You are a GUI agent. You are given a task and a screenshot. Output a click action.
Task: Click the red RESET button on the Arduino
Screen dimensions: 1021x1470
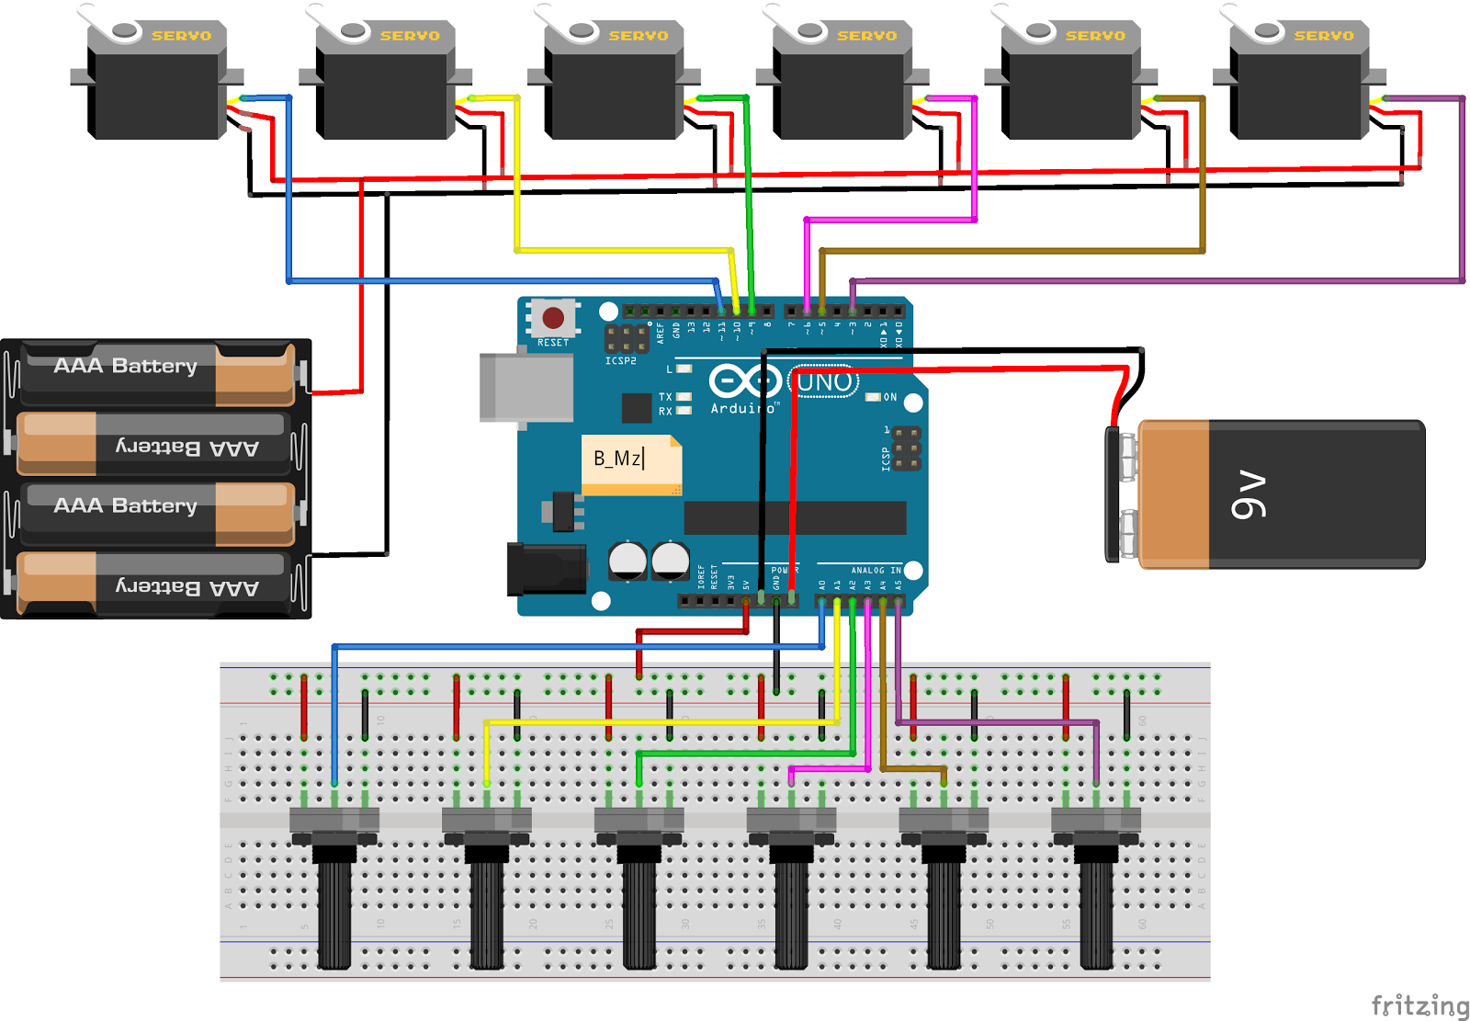coord(553,318)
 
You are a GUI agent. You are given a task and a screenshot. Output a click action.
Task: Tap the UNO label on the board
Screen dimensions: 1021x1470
coord(824,382)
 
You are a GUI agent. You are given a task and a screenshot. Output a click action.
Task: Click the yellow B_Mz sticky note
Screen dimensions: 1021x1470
coord(631,463)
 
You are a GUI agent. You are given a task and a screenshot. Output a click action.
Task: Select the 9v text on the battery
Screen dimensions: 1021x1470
coord(1249,495)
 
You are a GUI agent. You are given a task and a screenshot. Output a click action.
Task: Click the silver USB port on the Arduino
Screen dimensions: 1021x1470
coord(526,388)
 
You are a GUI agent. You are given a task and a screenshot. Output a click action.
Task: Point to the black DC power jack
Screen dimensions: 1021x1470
coord(547,569)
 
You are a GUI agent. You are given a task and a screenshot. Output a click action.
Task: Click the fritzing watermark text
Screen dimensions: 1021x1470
coord(1419,1005)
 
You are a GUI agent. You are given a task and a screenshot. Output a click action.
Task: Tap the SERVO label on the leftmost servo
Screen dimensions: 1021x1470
coord(181,36)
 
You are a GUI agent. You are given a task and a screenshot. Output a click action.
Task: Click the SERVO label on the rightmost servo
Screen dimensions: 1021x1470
coord(1323,36)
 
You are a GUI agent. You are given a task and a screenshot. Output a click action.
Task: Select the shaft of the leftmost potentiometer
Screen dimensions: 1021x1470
coord(334,910)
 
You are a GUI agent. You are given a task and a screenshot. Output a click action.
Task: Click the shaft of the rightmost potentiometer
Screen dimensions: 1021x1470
coord(1096,910)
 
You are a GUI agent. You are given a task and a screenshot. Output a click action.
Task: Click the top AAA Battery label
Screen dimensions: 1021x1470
coord(126,366)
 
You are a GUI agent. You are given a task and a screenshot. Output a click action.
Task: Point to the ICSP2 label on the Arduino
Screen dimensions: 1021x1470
coord(620,361)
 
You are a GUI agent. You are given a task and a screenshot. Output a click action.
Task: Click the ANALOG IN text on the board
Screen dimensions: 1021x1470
coord(876,571)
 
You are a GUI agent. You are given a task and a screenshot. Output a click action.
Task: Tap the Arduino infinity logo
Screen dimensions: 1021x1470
coord(744,380)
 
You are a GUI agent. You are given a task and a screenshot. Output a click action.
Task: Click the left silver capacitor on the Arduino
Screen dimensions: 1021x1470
coord(628,561)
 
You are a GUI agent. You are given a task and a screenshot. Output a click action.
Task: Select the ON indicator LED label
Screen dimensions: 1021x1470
coord(888,397)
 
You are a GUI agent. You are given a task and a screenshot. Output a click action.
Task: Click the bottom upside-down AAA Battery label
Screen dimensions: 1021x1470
coord(187,586)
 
